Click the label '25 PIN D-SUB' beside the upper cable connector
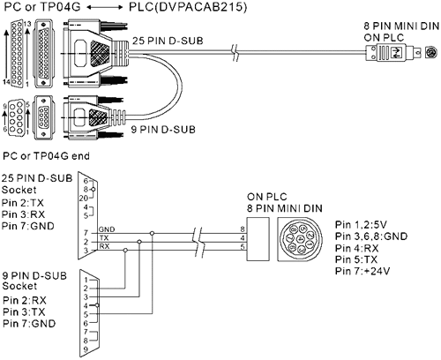point(168,41)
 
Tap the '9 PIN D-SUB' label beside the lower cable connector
point(163,129)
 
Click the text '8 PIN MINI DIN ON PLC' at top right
point(401,32)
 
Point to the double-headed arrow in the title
point(105,8)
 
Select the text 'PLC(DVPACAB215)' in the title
point(188,7)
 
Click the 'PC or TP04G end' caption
point(46,155)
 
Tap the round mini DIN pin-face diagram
point(300,239)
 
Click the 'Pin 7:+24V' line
point(363,271)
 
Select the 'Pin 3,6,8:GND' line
point(371,236)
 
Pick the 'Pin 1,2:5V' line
point(361,225)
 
